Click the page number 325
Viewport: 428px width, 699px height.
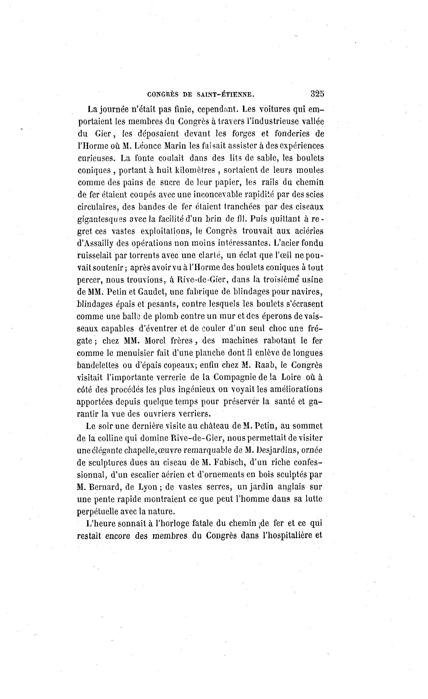[317, 94]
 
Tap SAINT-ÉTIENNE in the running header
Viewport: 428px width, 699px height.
[225, 95]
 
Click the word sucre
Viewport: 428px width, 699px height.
[170, 182]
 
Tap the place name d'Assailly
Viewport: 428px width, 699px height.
[95, 244]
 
